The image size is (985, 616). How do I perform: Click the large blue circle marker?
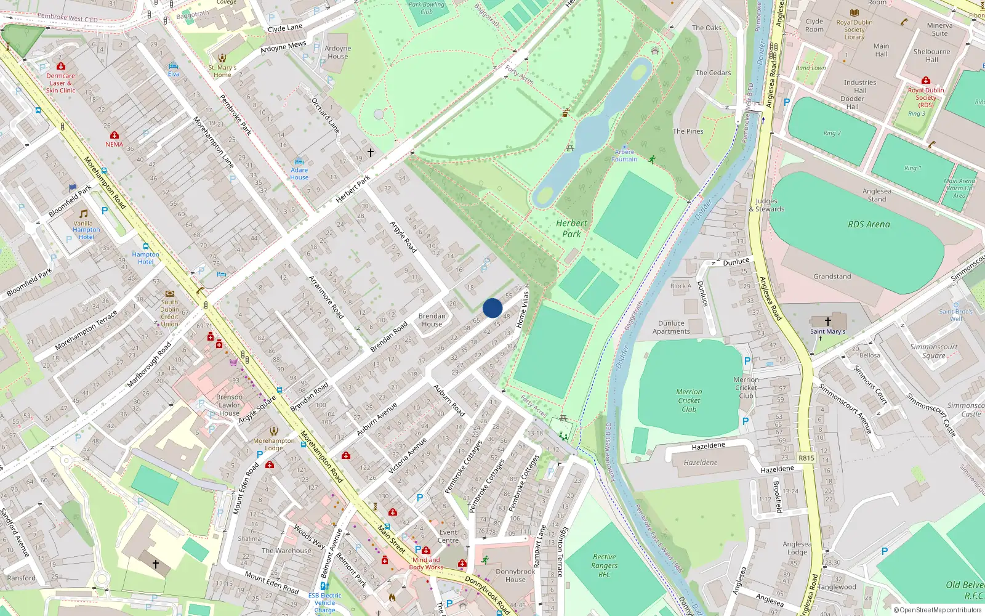[x=492, y=308]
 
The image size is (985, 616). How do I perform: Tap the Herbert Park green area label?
[x=571, y=229]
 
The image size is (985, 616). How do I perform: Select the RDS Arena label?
[x=869, y=224]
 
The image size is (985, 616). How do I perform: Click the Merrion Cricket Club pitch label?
[x=689, y=400]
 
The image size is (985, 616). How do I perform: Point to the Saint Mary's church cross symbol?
[x=828, y=322]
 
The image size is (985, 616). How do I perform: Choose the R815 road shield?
[x=806, y=458]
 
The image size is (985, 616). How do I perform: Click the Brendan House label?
[x=432, y=320]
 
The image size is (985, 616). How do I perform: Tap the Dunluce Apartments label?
[x=671, y=327]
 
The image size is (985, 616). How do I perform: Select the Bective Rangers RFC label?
[x=605, y=565]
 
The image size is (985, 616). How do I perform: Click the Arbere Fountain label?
[x=624, y=155]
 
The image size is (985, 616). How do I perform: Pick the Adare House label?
[x=299, y=174]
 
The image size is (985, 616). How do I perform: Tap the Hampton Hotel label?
[x=145, y=257]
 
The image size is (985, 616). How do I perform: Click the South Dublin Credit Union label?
[x=169, y=313]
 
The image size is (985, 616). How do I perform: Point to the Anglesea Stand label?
[x=877, y=195]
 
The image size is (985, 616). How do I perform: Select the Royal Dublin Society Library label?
[x=854, y=30]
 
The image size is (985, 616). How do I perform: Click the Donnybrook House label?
[x=515, y=575]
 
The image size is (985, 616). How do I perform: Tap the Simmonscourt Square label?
[x=933, y=351]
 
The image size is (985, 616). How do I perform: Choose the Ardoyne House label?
[x=337, y=52]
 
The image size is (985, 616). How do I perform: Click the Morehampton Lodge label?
[x=274, y=444]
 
